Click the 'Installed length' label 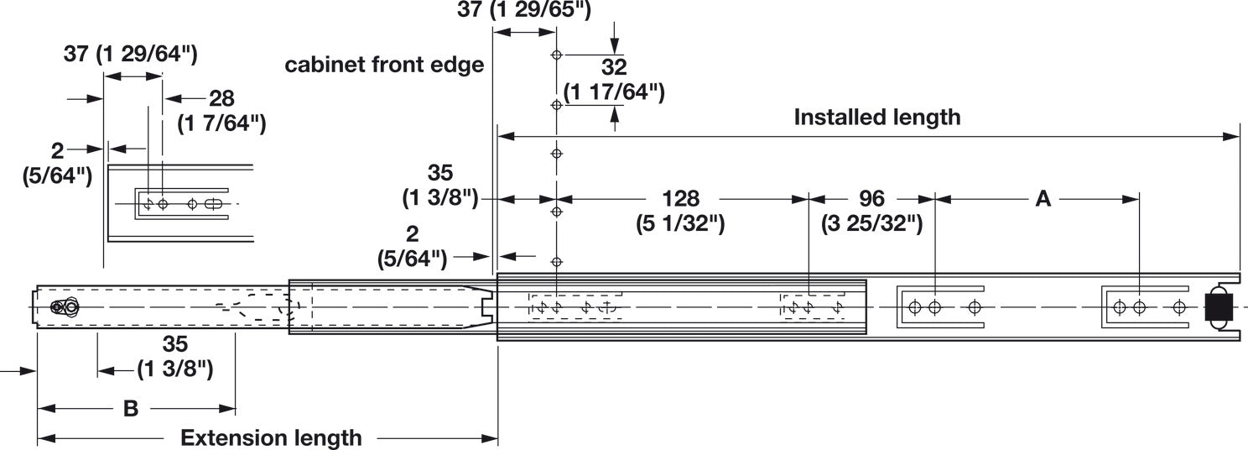tap(876, 117)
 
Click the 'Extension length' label tap(271, 437)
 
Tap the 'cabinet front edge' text tap(384, 65)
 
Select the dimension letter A tap(1043, 199)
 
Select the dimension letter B tap(131, 409)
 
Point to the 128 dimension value tap(680, 199)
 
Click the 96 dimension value tap(872, 199)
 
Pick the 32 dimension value tap(614, 67)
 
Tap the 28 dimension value tap(221, 98)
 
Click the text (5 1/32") tap(680, 224)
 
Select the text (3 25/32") tap(872, 224)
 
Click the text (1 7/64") tap(221, 123)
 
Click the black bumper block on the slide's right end tap(1217, 307)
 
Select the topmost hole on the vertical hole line tap(555, 55)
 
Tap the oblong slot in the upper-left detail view tap(215, 204)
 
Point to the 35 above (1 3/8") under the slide tap(175, 344)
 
